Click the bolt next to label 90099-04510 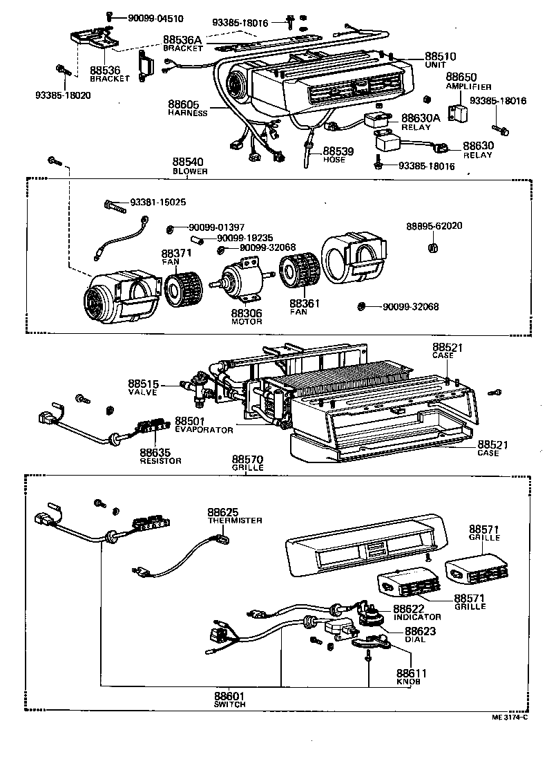tap(108, 16)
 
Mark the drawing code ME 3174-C tap(509, 717)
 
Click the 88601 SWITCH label tap(230, 700)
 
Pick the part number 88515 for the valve tap(144, 384)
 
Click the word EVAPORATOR tap(204, 430)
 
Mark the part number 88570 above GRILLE tap(247, 460)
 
